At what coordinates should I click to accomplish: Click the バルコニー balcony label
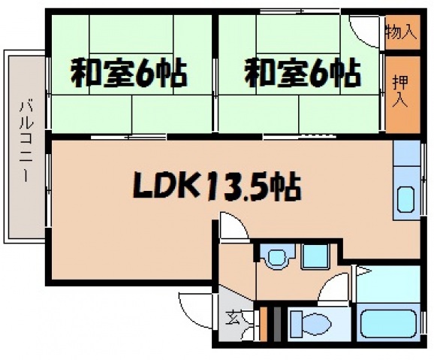[x=25, y=143]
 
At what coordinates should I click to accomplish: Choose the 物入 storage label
[x=400, y=32]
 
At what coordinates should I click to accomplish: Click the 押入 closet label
[x=400, y=89]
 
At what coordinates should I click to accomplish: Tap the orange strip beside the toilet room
[x=263, y=323]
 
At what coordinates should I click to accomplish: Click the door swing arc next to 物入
[x=366, y=29]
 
